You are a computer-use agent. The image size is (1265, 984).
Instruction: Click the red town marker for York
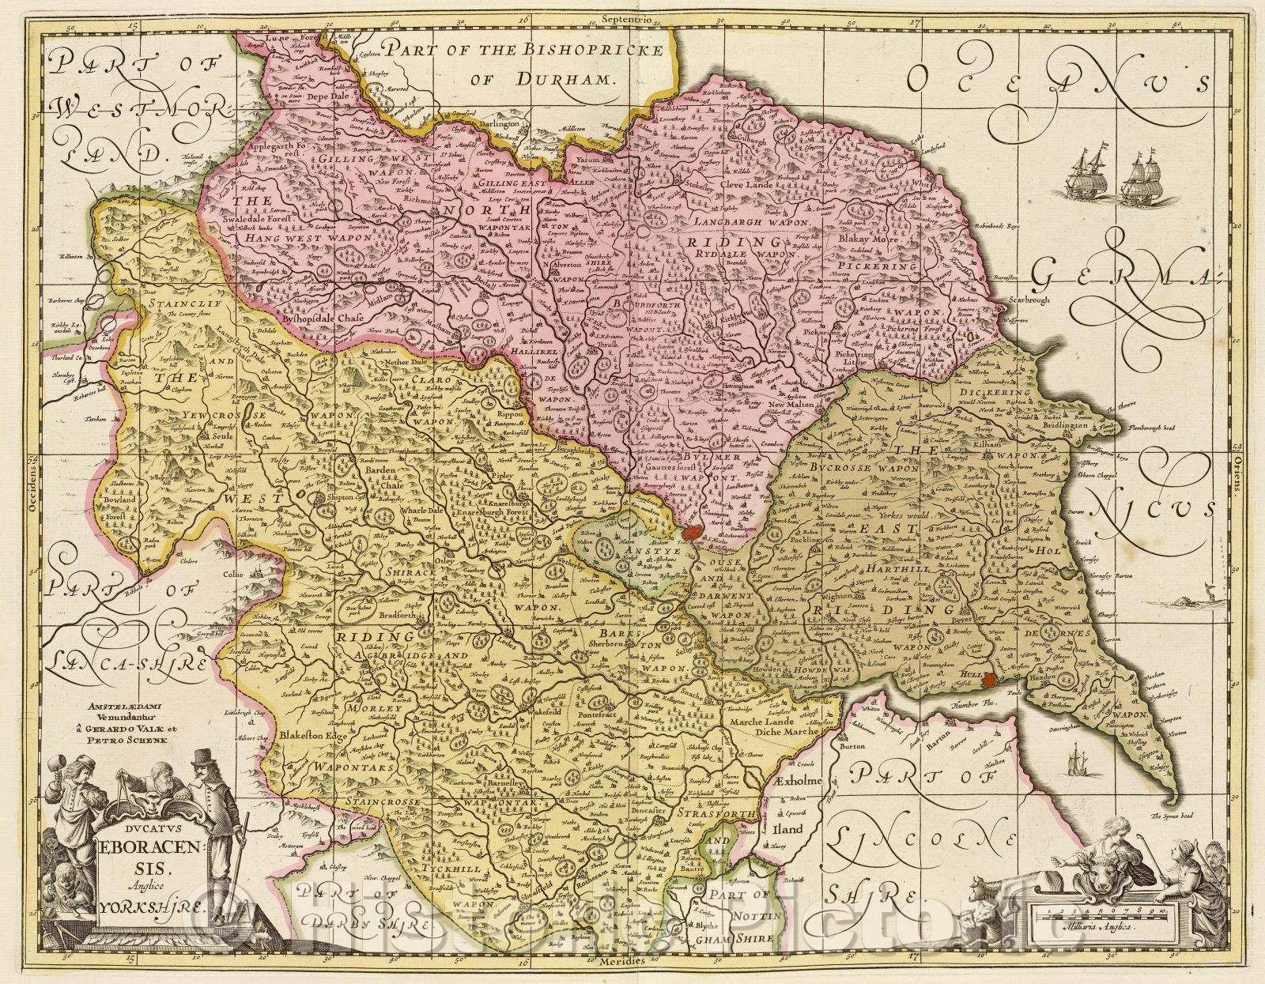pos(693,533)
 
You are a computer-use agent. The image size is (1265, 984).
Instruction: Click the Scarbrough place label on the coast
pos(1029,301)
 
